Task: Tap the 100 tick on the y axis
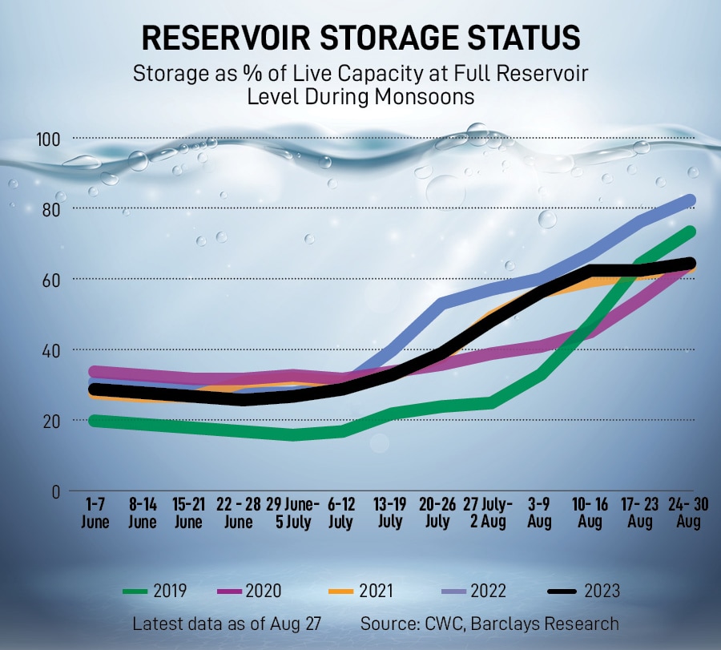(x=49, y=140)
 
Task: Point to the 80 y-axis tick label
(x=51, y=209)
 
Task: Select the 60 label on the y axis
(x=51, y=280)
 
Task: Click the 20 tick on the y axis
(x=51, y=421)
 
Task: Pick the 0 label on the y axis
(x=55, y=491)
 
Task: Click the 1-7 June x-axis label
(x=96, y=513)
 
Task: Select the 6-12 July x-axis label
(x=340, y=513)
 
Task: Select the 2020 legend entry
(x=251, y=591)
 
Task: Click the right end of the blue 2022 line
(x=689, y=200)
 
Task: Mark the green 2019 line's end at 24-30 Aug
(x=689, y=232)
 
